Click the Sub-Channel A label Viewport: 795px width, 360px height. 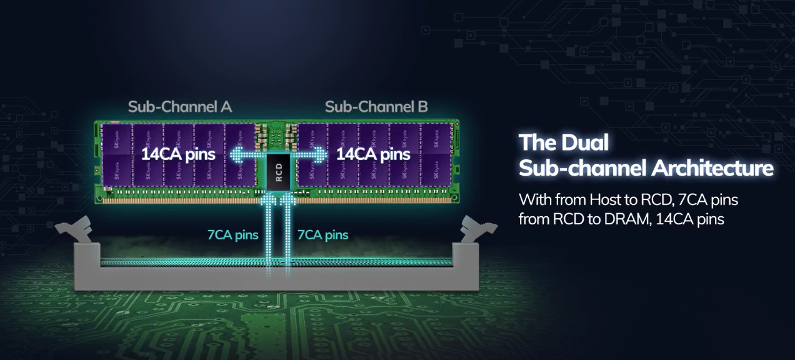click(x=179, y=107)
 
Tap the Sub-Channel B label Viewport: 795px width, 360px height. click(x=376, y=107)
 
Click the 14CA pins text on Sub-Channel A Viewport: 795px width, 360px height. click(x=178, y=154)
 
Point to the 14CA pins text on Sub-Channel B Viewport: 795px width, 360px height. click(x=373, y=154)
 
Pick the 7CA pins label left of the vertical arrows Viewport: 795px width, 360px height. click(x=232, y=236)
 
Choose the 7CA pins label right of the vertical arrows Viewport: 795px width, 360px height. click(x=322, y=236)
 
